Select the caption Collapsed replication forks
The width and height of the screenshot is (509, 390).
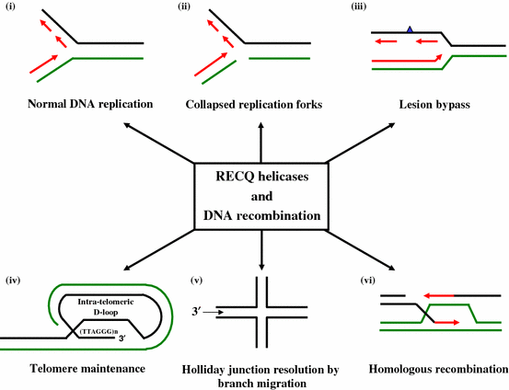click(260, 104)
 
